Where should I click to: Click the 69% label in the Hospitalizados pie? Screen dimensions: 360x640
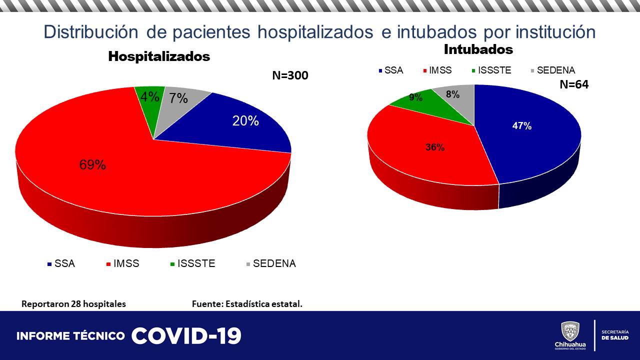click(x=92, y=165)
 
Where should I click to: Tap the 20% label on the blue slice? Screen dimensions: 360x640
click(x=245, y=120)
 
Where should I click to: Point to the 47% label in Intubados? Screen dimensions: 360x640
click(x=521, y=126)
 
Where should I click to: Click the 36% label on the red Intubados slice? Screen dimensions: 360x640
click(x=434, y=147)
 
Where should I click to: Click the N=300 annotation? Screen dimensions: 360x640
click(x=290, y=76)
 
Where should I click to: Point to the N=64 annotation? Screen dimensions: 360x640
click(x=573, y=85)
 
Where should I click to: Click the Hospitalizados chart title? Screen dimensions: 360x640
click(x=159, y=56)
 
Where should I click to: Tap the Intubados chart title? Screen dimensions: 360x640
click(x=478, y=49)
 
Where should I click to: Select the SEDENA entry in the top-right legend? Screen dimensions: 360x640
click(x=555, y=70)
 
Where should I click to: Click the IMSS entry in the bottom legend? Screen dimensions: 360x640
click(x=125, y=263)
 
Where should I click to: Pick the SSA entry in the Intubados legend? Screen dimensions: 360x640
click(x=393, y=70)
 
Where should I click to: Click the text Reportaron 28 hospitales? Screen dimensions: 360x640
click(x=73, y=304)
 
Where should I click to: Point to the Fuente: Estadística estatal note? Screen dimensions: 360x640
click(x=247, y=304)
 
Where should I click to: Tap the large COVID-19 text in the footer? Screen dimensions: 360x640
click(x=186, y=336)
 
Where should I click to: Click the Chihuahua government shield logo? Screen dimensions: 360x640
click(x=570, y=331)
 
